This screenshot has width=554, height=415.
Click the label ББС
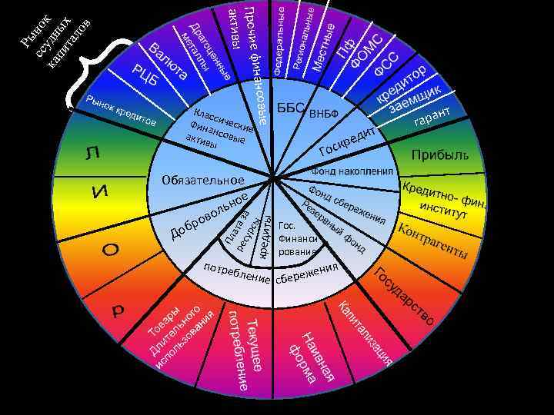tap(292, 108)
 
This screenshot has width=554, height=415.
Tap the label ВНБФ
tap(324, 115)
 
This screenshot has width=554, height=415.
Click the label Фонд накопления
tap(352, 171)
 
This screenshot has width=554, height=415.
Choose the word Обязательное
tap(203, 180)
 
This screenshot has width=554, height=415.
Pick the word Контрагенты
tap(430, 240)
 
